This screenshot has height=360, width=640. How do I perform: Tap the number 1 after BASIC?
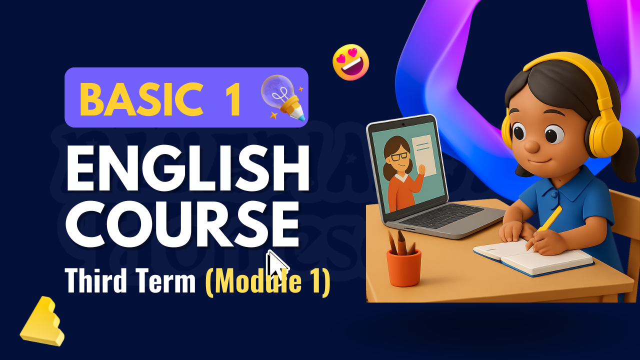click(231, 98)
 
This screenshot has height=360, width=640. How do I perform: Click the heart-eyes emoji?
click(351, 62)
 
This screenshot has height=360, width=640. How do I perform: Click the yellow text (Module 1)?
click(267, 281)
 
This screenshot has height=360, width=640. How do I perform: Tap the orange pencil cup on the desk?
click(403, 267)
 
